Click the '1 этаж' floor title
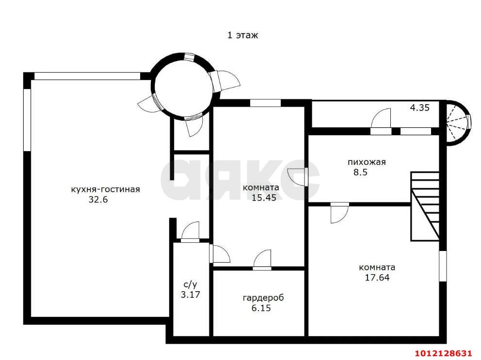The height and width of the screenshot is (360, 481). [242, 35]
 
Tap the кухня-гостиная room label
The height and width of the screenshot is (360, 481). [105, 189]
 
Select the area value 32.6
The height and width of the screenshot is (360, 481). [98, 200]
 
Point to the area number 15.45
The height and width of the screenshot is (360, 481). [264, 198]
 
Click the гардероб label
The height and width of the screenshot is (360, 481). [263, 298]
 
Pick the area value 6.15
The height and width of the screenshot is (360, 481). [261, 308]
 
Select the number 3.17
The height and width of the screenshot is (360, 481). [190, 295]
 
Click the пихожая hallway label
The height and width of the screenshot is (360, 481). [367, 162]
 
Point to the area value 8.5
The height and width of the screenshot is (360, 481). [360, 172]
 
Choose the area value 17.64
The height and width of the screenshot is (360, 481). [377, 278]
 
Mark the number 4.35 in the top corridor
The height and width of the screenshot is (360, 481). [419, 108]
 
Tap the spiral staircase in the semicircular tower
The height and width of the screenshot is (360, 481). [456, 123]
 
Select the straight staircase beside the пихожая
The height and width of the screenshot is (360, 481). [425, 206]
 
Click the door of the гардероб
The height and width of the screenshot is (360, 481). [262, 260]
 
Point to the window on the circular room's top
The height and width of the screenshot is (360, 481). [189, 58]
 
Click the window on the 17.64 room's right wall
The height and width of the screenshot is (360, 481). [442, 266]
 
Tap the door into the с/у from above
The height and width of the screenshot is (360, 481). [190, 232]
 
